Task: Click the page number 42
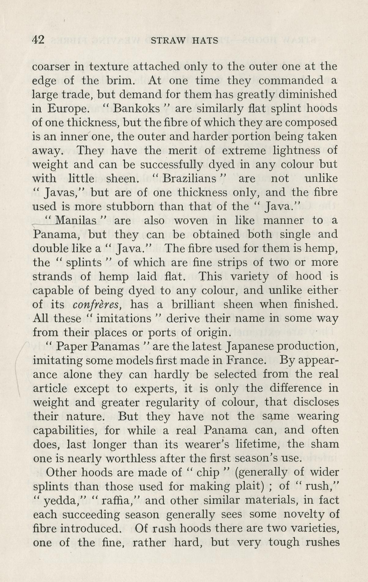click(x=39, y=40)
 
